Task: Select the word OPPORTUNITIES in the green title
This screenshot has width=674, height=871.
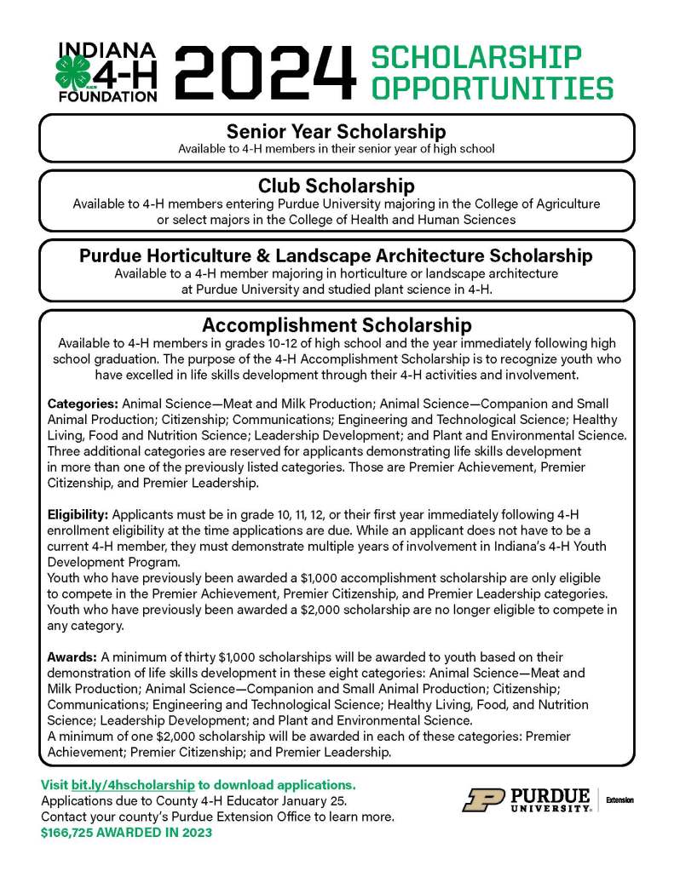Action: tap(493, 88)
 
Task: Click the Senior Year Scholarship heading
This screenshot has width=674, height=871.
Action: tap(336, 132)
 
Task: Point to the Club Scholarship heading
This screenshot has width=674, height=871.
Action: tap(336, 186)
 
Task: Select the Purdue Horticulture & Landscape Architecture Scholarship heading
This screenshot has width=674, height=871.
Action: tap(336, 255)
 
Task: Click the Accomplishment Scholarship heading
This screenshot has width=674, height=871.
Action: tap(336, 325)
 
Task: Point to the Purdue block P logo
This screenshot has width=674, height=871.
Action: tap(483, 799)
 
